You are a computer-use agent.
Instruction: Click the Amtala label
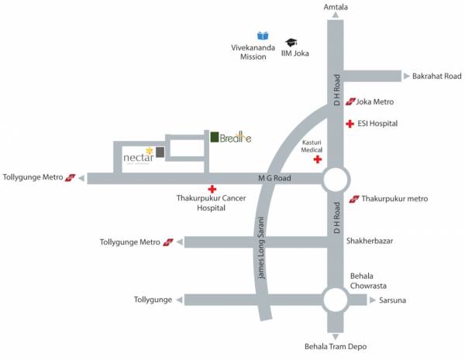[335, 7]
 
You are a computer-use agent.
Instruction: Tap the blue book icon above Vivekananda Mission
[263, 36]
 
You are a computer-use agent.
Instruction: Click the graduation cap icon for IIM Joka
[291, 43]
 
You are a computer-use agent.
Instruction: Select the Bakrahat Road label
[438, 76]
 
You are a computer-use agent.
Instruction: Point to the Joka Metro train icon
[350, 101]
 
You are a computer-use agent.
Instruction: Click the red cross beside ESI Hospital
[350, 123]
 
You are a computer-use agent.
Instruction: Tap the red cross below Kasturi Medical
[317, 159]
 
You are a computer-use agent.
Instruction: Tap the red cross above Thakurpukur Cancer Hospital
[212, 189]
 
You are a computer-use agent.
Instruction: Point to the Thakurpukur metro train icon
[354, 199]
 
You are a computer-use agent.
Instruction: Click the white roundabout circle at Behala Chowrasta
[335, 300]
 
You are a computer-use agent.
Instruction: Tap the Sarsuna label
[394, 300]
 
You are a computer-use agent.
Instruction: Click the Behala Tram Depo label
[335, 348]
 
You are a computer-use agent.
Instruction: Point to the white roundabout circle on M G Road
[335, 179]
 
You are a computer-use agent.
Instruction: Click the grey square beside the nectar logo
[160, 152]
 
